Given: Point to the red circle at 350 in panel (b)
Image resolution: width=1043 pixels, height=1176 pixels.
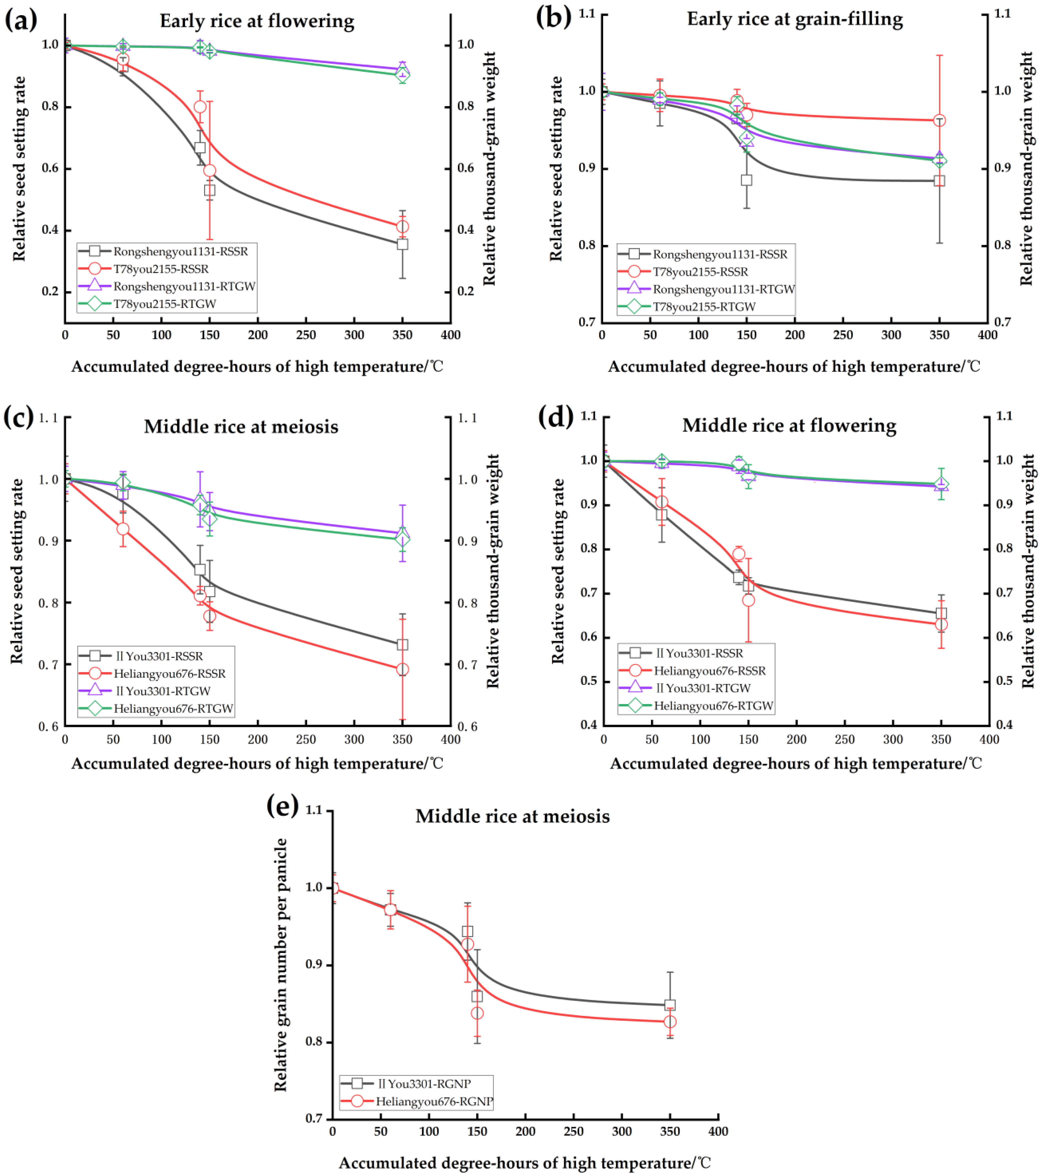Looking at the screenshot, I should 939,120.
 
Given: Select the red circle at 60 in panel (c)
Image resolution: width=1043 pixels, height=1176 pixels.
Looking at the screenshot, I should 123,529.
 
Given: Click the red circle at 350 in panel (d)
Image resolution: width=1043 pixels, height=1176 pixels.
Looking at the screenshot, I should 941,624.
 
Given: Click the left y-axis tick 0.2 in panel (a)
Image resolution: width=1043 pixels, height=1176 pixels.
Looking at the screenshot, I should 50,292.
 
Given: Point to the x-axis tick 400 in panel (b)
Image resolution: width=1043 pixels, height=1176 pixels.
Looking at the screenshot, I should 987,335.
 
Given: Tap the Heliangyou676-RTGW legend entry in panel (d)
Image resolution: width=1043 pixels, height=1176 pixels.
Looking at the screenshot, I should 713,705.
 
